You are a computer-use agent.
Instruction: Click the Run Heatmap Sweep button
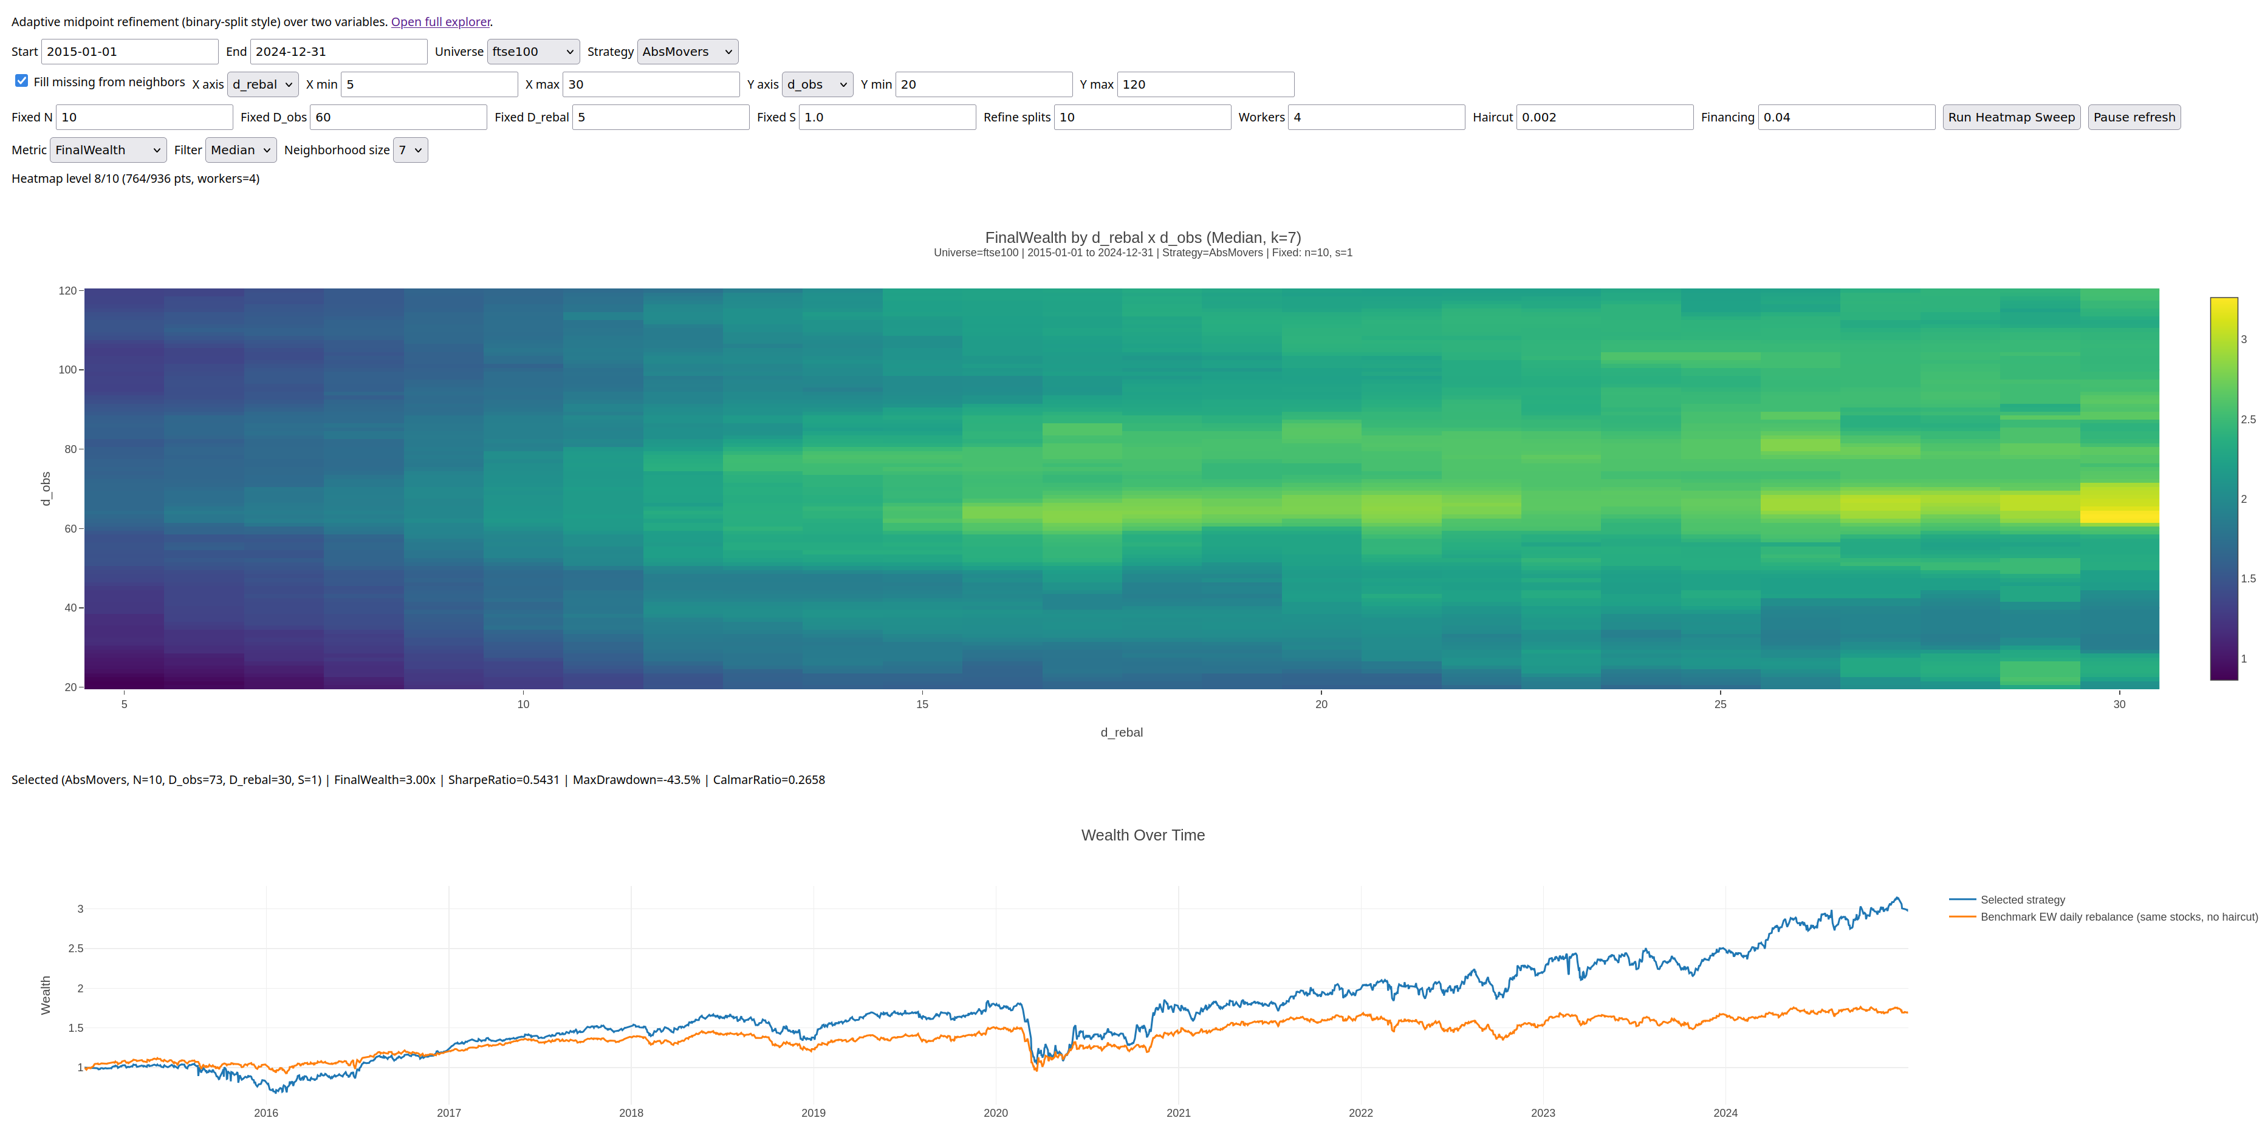click(2011, 117)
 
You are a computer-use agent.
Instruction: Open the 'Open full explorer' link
click(440, 22)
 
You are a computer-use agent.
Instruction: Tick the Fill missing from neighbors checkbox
click(21, 81)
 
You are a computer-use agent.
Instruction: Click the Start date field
click(129, 52)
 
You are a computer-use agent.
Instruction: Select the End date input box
click(338, 52)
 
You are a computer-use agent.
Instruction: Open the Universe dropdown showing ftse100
click(533, 52)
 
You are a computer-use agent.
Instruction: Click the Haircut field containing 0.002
click(1605, 117)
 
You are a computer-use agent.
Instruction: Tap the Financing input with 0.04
click(1846, 117)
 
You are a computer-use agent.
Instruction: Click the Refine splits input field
click(1142, 117)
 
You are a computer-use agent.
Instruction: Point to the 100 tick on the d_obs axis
click(67, 370)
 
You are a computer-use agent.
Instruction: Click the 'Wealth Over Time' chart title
click(1143, 835)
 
